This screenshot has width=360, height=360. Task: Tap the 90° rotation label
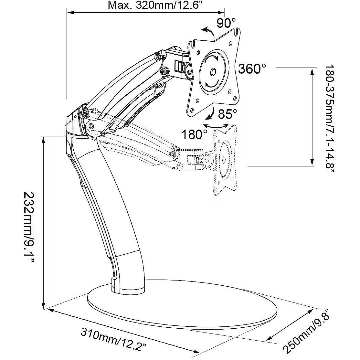227,23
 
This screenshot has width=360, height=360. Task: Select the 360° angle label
252,69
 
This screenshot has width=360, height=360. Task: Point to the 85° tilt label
228,114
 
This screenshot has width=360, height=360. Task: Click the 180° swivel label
194,134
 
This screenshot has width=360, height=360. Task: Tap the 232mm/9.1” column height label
29,223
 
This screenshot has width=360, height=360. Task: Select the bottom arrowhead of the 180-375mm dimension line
312,164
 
